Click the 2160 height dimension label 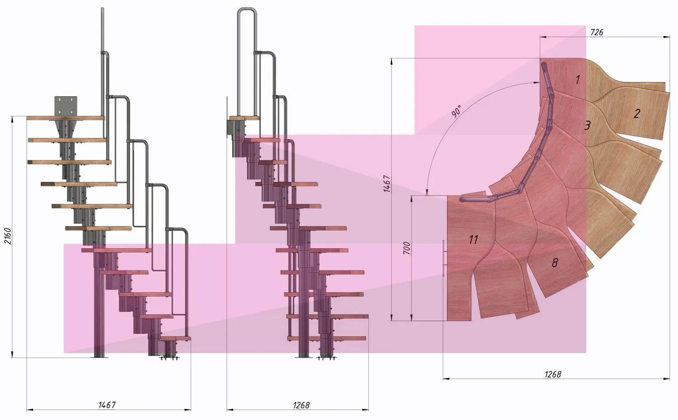tap(8, 236)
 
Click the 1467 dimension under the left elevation tap(107, 405)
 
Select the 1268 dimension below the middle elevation tap(301, 405)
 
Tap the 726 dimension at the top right tap(597, 32)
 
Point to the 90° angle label tap(457, 111)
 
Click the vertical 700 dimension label tap(407, 248)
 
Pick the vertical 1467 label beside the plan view tap(387, 184)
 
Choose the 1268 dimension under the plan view tap(553, 375)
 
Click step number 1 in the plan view tap(578, 80)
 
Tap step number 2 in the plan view tap(637, 113)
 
